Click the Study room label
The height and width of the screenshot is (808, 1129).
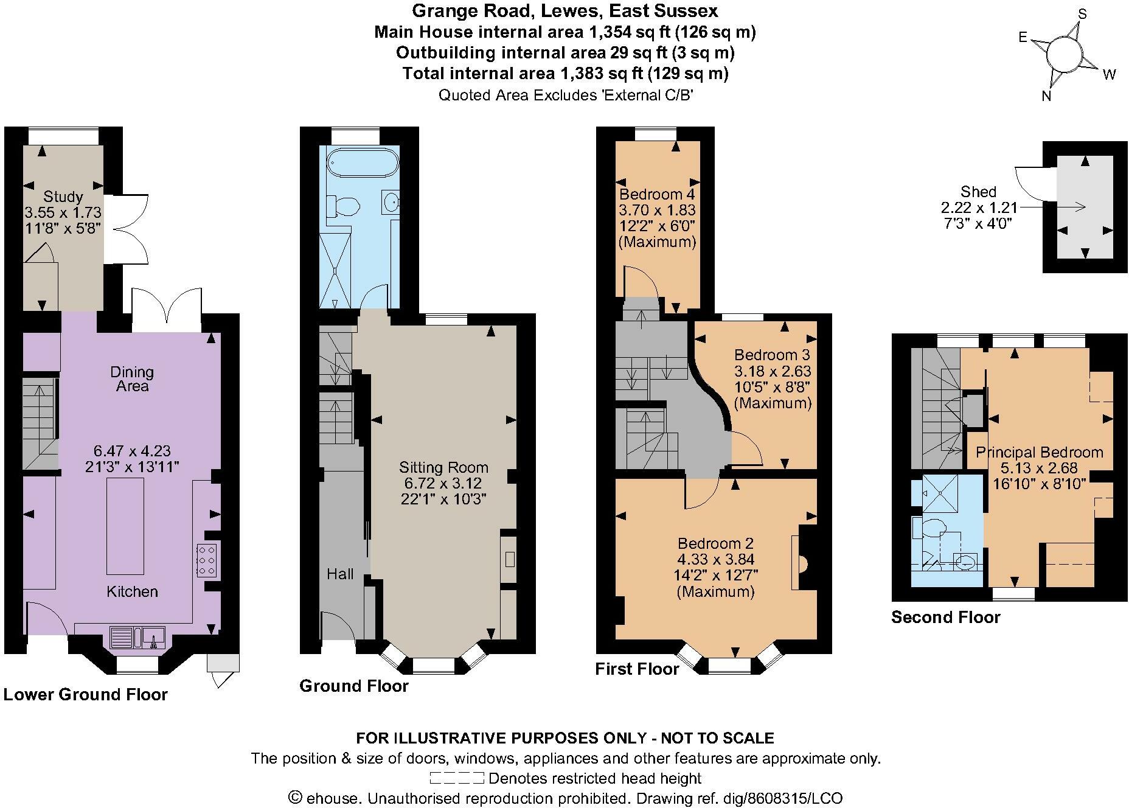[63, 197]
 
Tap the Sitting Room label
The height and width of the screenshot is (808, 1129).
[443, 467]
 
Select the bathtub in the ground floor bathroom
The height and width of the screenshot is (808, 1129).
[363, 163]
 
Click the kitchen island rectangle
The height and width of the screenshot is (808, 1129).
[125, 526]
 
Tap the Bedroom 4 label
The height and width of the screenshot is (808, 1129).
[657, 194]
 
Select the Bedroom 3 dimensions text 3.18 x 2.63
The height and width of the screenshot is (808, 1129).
[773, 371]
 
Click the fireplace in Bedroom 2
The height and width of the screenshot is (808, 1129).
[802, 563]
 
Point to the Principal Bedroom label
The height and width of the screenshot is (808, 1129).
[1039, 452]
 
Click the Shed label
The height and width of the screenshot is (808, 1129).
[978, 192]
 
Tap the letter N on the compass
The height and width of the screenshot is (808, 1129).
[1046, 96]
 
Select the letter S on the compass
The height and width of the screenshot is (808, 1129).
[1082, 14]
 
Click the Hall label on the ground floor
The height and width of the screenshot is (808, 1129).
[339, 574]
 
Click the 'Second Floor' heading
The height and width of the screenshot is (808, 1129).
[945, 617]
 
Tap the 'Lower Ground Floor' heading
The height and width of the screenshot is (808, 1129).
[85, 694]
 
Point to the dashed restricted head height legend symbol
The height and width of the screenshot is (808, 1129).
[456, 778]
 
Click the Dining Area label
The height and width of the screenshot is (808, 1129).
[132, 378]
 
